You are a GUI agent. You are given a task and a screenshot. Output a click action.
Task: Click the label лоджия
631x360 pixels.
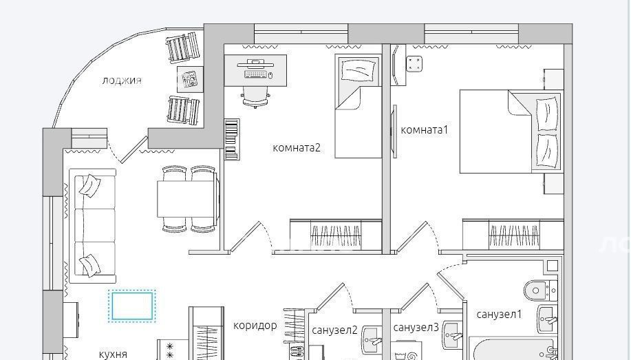click(122, 81)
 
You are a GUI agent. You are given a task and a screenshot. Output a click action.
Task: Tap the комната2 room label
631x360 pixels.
click(297, 148)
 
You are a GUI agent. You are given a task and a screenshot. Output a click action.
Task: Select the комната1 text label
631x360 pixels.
click(424, 130)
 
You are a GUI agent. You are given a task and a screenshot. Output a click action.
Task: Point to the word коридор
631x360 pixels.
click(255, 326)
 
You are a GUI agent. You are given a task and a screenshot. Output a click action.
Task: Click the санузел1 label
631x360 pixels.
click(499, 314)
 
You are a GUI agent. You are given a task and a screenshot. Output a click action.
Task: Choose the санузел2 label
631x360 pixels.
click(334, 330)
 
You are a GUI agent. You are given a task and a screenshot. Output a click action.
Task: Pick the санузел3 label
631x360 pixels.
click(416, 328)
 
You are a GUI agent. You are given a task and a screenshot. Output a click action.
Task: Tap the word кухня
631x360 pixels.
click(113, 354)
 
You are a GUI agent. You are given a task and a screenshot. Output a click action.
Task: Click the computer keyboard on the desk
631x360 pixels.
click(255, 74)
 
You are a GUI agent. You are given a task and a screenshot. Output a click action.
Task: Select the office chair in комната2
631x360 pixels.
click(255, 97)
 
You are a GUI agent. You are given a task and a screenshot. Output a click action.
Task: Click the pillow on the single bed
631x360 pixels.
click(358, 70)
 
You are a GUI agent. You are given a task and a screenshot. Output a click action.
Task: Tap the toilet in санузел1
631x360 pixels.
click(540, 290)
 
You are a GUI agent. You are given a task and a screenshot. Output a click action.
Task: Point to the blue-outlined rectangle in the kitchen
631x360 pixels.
click(131, 306)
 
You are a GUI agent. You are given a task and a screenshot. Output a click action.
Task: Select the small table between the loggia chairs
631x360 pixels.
click(190, 79)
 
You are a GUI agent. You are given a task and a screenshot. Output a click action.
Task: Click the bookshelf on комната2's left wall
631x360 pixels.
click(232, 139)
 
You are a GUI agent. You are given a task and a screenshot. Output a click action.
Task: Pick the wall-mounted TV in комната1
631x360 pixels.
click(394, 131)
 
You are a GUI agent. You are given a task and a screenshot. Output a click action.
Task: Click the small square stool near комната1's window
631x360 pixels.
click(414, 63)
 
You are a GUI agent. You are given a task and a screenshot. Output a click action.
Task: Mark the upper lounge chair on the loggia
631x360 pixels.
click(184, 47)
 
